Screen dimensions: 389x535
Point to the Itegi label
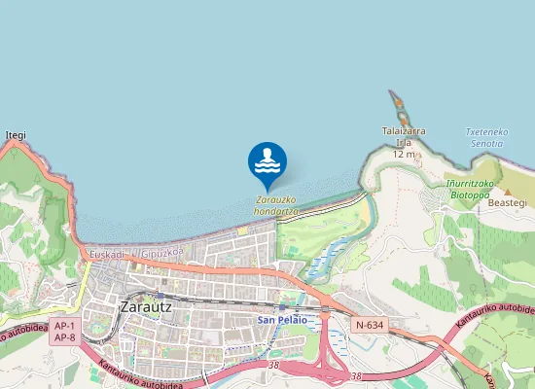pyautogui.click(x=16, y=135)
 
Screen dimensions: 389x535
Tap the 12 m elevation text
pyautogui.click(x=405, y=154)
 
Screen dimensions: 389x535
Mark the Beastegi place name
pyautogui.click(x=506, y=202)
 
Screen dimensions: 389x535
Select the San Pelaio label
pyautogui.click(x=282, y=319)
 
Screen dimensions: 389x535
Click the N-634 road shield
pyautogui.click(x=370, y=325)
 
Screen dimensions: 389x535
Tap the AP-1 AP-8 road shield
pyautogui.click(x=64, y=332)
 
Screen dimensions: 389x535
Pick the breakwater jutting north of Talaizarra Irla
pyautogui.click(x=396, y=103)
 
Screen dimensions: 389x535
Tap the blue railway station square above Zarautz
pyautogui.click(x=153, y=292)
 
